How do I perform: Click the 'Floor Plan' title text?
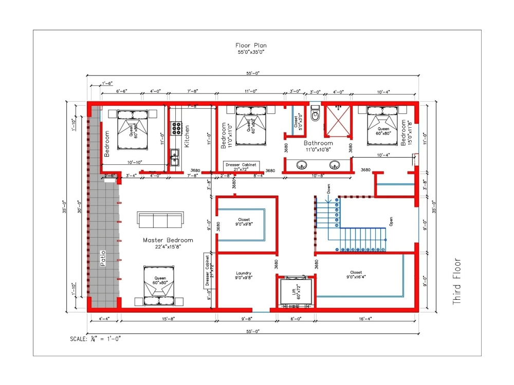pos(251,46)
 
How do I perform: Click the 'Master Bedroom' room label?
pos(168,240)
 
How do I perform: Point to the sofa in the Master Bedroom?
pos(160,220)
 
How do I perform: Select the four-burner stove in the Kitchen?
pos(177,127)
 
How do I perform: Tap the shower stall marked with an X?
pos(337,122)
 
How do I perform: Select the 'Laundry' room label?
pos(243,275)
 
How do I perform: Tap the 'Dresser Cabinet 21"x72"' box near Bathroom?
pos(241,166)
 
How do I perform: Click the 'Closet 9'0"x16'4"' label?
pos(356,275)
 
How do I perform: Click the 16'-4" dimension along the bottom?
pos(365,319)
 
